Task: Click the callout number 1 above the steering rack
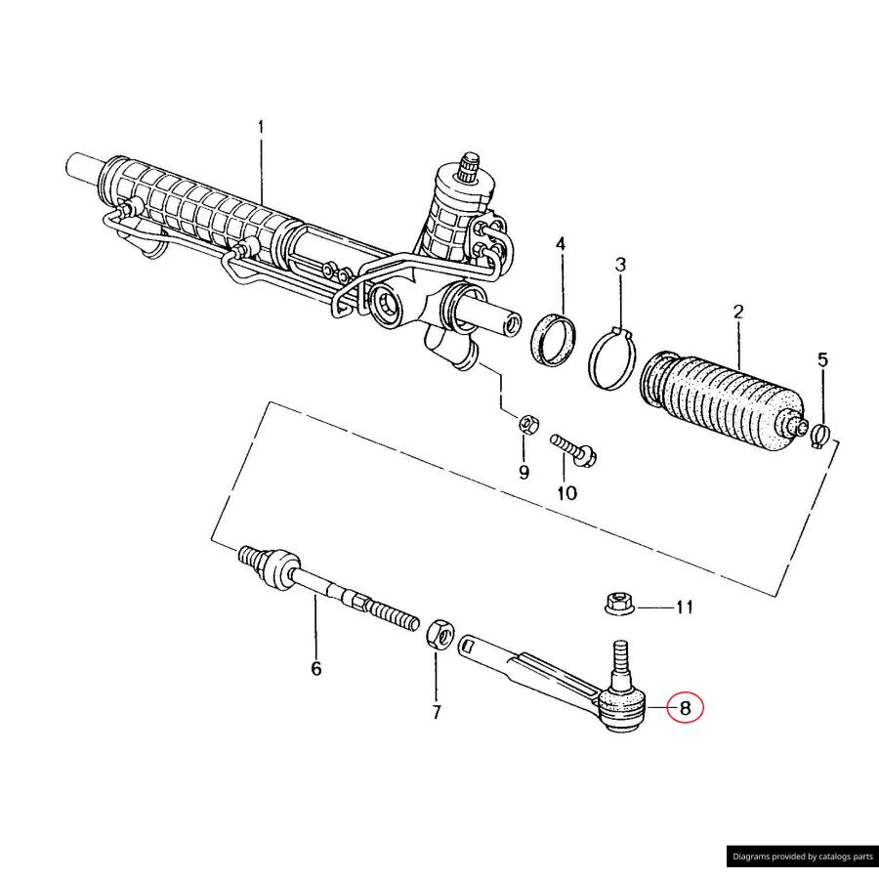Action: tap(261, 128)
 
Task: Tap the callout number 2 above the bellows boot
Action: tap(738, 313)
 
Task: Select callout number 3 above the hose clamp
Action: tap(620, 265)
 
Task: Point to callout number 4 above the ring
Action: tap(562, 243)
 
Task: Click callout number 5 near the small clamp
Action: tap(822, 360)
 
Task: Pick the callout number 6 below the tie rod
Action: tap(315, 669)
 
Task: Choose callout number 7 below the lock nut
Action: tap(437, 712)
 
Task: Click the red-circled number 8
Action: tap(685, 708)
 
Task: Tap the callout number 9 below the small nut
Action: tap(523, 472)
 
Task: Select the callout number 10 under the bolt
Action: tap(566, 493)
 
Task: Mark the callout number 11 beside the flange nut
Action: tap(684, 607)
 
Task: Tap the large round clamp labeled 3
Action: tap(612, 356)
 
